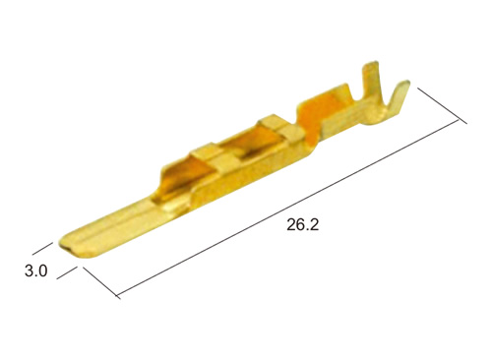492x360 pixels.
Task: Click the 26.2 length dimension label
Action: coord(302,225)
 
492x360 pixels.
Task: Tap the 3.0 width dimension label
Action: coord(36,271)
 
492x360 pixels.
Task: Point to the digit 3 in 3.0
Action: coord(30,271)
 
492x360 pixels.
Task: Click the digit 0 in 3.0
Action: coord(42,271)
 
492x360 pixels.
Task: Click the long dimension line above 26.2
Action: coord(287,208)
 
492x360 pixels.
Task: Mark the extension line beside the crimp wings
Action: coord(442,105)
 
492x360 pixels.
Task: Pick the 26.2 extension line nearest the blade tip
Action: coord(101,283)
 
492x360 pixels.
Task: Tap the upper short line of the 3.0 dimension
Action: coord(42,249)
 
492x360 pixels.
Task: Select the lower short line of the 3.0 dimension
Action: coord(67,272)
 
